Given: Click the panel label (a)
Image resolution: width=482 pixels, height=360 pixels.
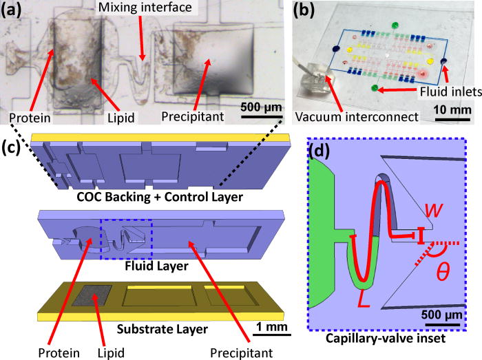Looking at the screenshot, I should [14, 10].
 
